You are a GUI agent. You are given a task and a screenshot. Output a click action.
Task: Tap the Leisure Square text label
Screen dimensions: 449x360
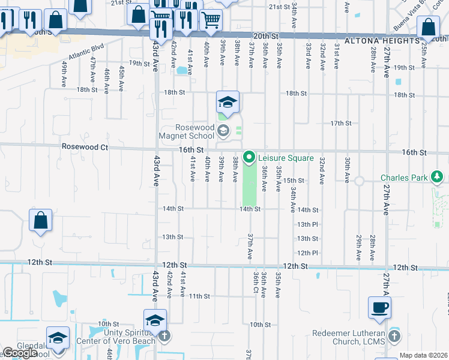point(286,158)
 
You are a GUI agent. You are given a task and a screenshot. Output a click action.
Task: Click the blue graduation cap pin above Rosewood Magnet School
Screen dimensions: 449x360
point(228,103)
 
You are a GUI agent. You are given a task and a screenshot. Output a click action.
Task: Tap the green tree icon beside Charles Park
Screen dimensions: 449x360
point(438,177)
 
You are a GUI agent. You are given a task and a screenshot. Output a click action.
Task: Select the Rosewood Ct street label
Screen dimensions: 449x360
point(84,146)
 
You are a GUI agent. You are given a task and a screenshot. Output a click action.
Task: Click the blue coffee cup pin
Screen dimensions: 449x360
point(380,308)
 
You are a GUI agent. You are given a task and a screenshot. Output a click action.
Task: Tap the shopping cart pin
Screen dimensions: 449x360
point(210,21)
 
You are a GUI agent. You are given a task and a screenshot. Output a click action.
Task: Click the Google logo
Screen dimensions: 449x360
point(19,353)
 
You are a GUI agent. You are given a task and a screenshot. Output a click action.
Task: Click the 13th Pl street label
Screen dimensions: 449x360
point(307,224)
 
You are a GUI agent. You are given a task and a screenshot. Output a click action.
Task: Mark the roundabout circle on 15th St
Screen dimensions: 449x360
point(360,181)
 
